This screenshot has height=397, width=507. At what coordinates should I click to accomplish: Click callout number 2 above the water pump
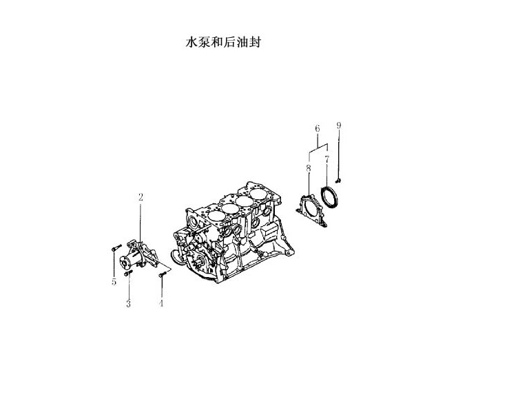point(141,197)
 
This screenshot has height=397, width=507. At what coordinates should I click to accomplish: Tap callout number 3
point(128,304)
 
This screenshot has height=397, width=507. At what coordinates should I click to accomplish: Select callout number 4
point(161,303)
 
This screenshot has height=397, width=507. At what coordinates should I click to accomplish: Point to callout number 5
point(114,282)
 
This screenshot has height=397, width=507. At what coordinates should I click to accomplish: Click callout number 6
point(317,128)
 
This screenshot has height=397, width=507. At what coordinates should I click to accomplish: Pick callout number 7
point(327,159)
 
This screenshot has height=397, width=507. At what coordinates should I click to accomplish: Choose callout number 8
point(309,168)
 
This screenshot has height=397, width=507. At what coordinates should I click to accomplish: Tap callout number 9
point(338,125)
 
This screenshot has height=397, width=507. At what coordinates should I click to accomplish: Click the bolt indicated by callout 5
point(116,248)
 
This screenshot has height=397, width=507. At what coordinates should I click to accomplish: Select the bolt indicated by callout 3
point(128,274)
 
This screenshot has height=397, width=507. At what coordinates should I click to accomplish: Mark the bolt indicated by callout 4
point(162,275)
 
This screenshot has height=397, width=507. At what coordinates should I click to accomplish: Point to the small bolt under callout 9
point(338,180)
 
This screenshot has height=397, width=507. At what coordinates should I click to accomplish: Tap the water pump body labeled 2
point(139,256)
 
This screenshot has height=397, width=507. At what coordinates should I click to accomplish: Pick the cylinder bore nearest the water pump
point(216,216)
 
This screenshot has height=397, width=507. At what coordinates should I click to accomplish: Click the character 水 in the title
point(192,42)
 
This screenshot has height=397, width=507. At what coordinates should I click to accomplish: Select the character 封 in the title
point(254,42)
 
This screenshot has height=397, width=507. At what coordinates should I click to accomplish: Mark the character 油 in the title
point(242,42)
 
